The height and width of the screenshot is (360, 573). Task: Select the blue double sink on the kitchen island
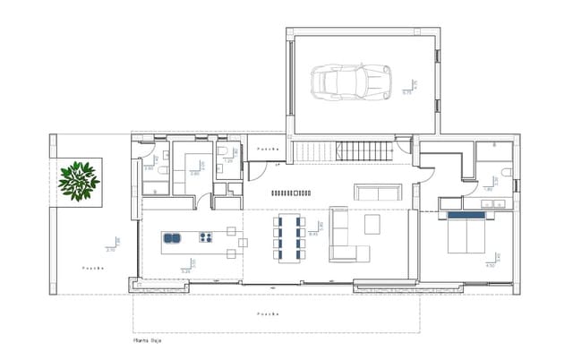[x=173, y=238]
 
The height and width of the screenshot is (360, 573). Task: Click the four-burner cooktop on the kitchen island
[x=205, y=238]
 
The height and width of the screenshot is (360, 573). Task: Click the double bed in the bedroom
[x=468, y=236]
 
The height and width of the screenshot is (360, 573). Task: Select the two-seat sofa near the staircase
[x=378, y=192]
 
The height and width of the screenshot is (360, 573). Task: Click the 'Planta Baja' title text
[x=148, y=340]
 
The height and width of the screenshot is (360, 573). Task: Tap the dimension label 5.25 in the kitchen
[x=186, y=270]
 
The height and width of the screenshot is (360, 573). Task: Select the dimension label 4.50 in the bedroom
[x=490, y=265]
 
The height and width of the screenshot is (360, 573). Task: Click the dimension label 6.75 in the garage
[x=406, y=92]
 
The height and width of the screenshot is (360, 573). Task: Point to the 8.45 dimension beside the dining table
[x=313, y=234]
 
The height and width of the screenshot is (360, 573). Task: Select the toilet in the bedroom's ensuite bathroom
[x=507, y=171]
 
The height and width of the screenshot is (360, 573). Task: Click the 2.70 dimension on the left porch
[x=111, y=250]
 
